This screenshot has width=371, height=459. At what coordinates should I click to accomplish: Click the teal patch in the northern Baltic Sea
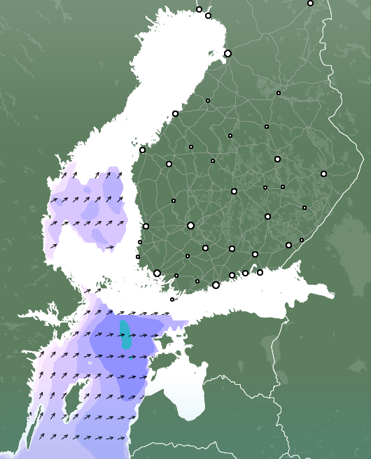pyautogui.click(x=125, y=334)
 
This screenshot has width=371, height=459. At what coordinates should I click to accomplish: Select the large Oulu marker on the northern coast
pyautogui.click(x=227, y=53)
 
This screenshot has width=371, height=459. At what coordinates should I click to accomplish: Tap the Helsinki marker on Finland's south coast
pyautogui.click(x=216, y=285)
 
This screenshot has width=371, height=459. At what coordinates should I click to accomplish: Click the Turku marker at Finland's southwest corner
pyautogui.click(x=157, y=273)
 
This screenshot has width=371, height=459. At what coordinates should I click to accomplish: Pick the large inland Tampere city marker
pyautogui.click(x=190, y=225)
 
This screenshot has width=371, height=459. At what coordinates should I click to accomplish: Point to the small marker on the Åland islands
pyautogui.click(x=172, y=299)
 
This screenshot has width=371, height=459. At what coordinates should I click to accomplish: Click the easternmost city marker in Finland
pyautogui.click(x=323, y=174)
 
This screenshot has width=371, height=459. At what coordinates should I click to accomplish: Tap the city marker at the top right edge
pyautogui.click(x=310, y=3)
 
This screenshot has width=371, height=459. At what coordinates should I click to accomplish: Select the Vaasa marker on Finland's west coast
pyautogui.click(x=142, y=150)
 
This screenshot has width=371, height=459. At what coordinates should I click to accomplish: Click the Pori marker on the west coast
pyautogui.click(x=146, y=226)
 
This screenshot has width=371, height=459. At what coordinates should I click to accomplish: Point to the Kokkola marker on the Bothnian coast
pyautogui.click(x=175, y=113)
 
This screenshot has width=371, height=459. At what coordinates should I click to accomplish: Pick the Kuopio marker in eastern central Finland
pyautogui.click(x=277, y=159)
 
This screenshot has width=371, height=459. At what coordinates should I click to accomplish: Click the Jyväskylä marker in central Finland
pyautogui.click(x=234, y=191)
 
